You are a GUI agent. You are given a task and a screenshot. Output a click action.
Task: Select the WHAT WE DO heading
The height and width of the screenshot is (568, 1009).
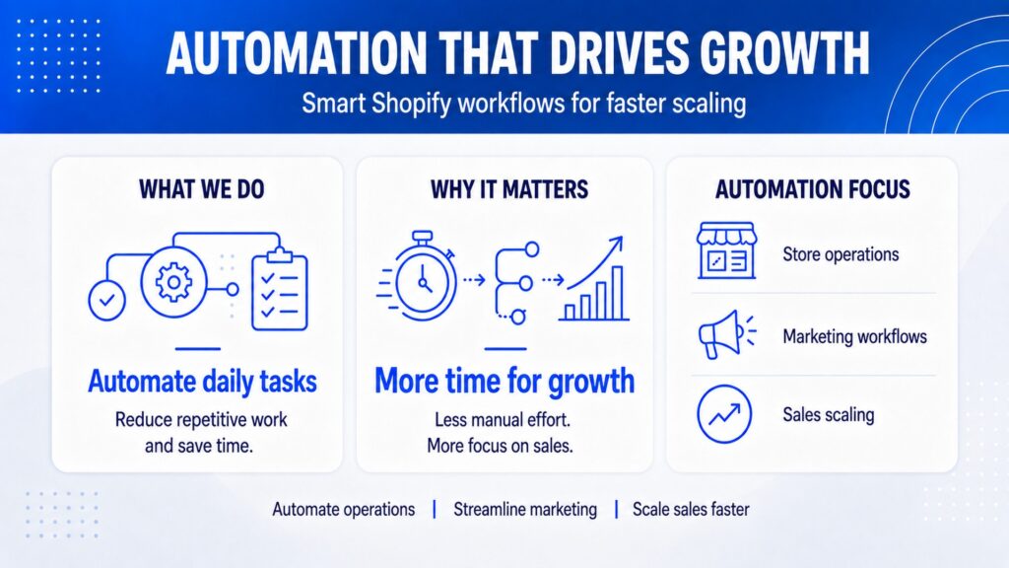[x=201, y=189]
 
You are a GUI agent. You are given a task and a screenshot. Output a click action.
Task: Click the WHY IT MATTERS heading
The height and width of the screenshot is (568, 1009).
[x=509, y=189]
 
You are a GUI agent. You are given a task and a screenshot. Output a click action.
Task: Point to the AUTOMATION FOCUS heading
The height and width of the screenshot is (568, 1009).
[x=813, y=189]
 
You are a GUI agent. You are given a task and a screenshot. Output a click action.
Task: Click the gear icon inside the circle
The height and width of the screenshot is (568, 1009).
[x=173, y=282]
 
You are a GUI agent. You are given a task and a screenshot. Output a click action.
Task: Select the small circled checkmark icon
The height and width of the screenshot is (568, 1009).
[x=106, y=300]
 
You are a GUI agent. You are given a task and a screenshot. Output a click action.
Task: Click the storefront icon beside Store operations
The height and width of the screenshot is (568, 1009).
[x=726, y=250]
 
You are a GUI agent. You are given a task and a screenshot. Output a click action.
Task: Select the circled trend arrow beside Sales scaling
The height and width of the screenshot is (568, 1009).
[x=724, y=414]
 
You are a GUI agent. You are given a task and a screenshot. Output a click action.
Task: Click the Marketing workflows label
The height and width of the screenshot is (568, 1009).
[x=854, y=336]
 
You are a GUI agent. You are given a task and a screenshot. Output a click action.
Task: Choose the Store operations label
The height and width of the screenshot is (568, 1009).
[x=841, y=254]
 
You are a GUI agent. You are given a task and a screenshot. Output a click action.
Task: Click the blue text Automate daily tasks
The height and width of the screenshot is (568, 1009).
[x=202, y=381]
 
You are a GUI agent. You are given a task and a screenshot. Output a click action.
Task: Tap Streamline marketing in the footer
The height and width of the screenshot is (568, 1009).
[x=525, y=510]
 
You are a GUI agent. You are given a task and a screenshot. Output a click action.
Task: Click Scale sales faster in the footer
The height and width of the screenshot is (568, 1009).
[x=691, y=510]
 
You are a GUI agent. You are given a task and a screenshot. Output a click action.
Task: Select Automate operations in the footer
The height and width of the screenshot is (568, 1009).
[x=344, y=510]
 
